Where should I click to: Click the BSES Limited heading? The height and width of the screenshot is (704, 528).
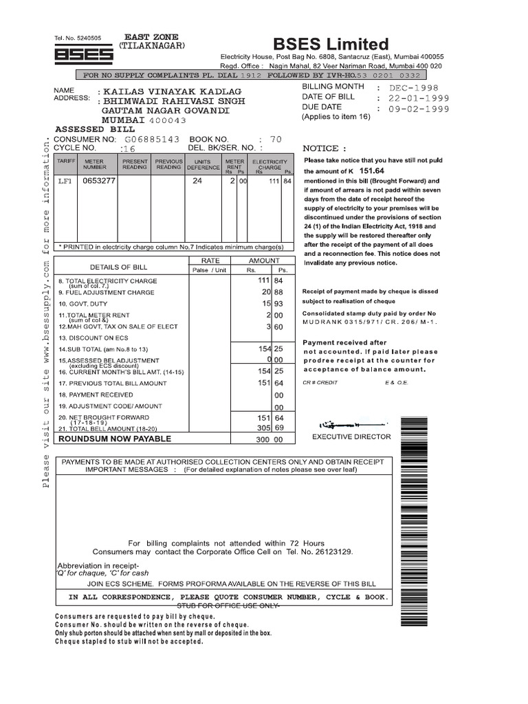[331, 43]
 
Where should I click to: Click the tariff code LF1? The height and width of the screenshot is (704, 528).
[65, 181]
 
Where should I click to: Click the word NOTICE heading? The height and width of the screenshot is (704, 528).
[320, 148]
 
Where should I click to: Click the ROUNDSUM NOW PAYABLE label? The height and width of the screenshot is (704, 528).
[115, 438]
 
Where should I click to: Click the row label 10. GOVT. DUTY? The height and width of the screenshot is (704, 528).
[83, 303]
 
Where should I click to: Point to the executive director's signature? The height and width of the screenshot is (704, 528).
[341, 426]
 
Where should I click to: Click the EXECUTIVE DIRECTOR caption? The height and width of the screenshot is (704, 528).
[351, 437]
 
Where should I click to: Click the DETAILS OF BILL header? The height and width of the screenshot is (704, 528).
[118, 267]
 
